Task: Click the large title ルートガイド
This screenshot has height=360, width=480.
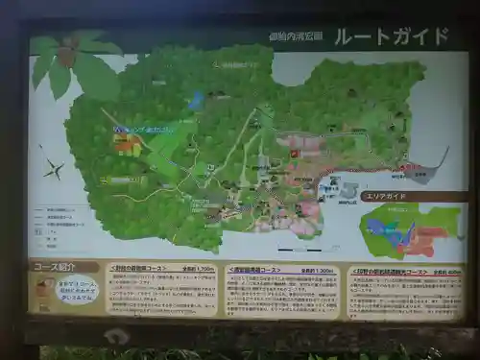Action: [391, 36]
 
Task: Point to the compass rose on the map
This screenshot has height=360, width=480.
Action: [52, 170]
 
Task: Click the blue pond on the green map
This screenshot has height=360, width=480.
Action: [196, 100]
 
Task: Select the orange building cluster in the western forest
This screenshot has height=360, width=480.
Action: [126, 145]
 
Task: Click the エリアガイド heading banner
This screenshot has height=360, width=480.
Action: [385, 196]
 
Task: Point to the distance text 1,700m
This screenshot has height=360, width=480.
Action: [203, 270]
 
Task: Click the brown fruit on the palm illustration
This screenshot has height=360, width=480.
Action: [65, 57]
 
